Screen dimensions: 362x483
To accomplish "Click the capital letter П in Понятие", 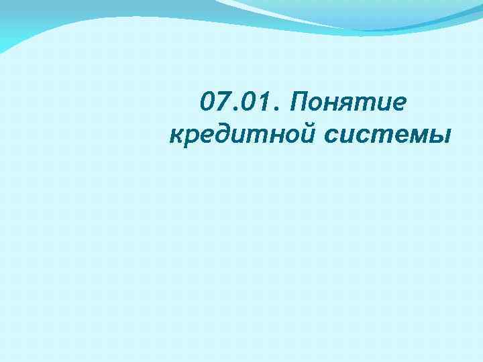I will coord(296,105).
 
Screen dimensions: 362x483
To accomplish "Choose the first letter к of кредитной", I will coord(177,136).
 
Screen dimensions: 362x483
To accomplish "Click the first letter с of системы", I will coord(331,136).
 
